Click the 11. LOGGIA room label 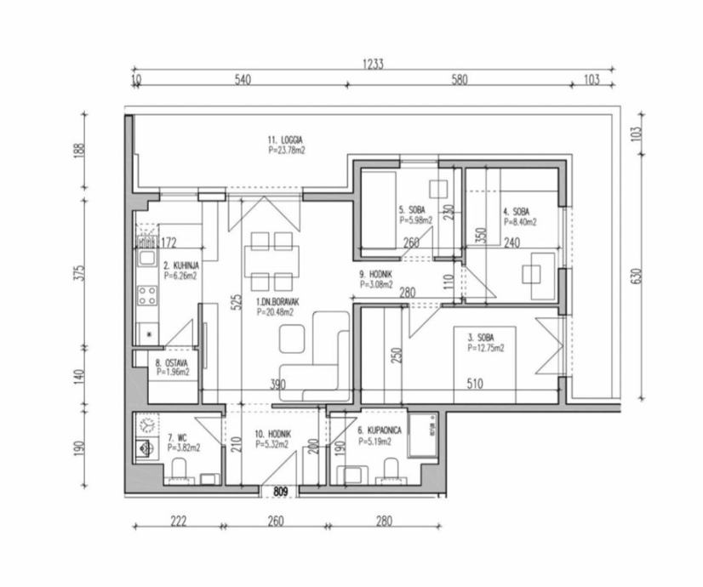point(285,140)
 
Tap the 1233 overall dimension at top point(373,64)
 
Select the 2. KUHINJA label point(180,266)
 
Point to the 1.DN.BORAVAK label point(277,303)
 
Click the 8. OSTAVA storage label point(172,363)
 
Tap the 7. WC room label point(177,437)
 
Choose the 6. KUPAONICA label point(380,430)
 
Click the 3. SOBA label point(481,338)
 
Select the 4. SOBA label point(516,212)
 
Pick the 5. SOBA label point(412,210)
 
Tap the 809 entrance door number point(280,492)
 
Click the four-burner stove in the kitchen point(147,296)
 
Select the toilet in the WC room point(179,469)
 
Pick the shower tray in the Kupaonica point(423,435)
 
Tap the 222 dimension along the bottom point(179,521)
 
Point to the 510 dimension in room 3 point(475,384)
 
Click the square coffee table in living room point(292,339)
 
